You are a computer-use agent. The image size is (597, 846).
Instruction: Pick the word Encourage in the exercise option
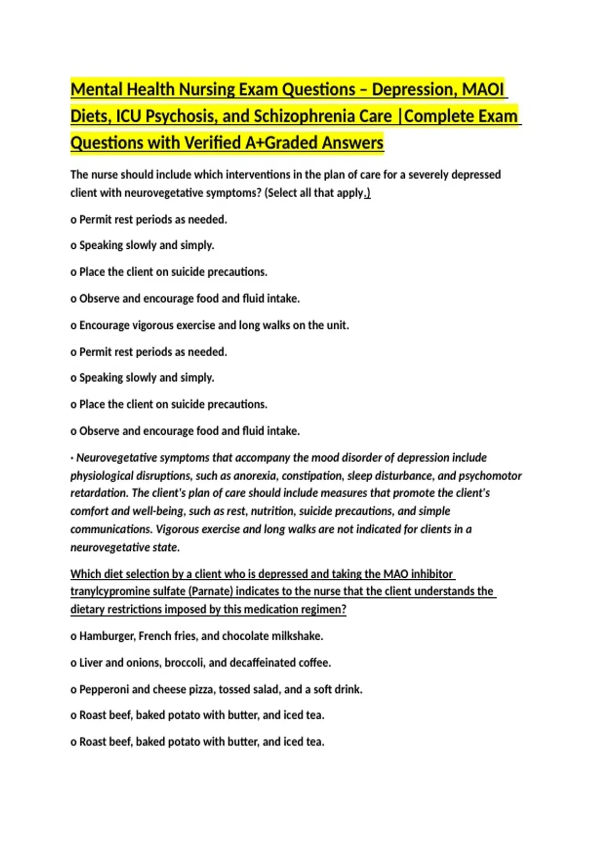click(104, 325)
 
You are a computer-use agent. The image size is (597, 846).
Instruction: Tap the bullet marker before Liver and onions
click(74, 663)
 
